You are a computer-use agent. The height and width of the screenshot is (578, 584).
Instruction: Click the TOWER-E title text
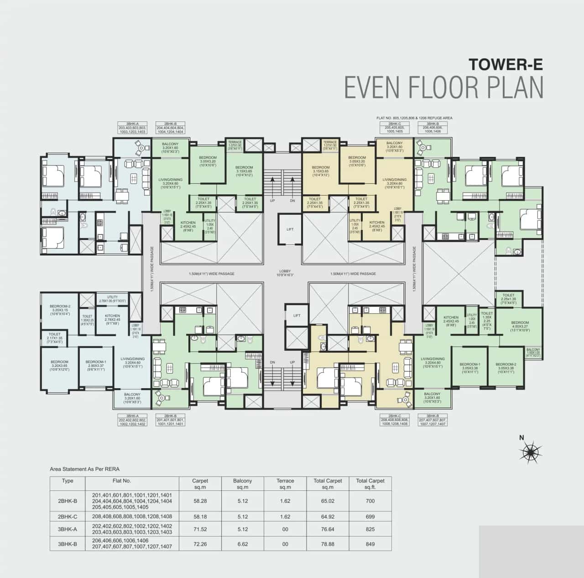click(506, 64)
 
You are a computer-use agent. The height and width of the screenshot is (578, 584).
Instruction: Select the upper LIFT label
click(290, 229)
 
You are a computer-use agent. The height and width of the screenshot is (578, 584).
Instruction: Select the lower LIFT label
click(297, 315)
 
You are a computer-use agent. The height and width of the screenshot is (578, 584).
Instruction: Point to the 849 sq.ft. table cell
click(370, 544)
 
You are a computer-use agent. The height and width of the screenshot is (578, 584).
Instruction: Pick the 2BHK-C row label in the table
click(68, 517)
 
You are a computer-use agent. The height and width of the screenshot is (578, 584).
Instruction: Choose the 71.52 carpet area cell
click(200, 529)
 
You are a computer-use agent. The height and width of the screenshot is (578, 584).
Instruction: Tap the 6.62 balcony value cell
click(242, 544)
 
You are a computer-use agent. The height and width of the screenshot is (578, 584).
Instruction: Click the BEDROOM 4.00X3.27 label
click(520, 326)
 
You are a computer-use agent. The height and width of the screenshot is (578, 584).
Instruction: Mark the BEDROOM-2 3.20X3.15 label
click(60, 310)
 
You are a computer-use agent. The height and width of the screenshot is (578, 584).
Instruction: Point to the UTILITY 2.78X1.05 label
click(112, 299)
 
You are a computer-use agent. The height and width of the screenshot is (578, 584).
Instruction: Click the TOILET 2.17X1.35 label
click(54, 338)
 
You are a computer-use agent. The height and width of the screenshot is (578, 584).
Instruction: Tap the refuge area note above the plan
click(414, 118)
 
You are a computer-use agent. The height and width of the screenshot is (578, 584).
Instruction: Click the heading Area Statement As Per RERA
click(84, 469)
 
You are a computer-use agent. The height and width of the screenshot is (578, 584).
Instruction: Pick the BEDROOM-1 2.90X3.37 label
click(95, 366)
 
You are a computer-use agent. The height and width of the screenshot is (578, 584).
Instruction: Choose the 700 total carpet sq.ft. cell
click(370, 501)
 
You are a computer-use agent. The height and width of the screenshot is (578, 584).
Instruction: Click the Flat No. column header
click(122, 480)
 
